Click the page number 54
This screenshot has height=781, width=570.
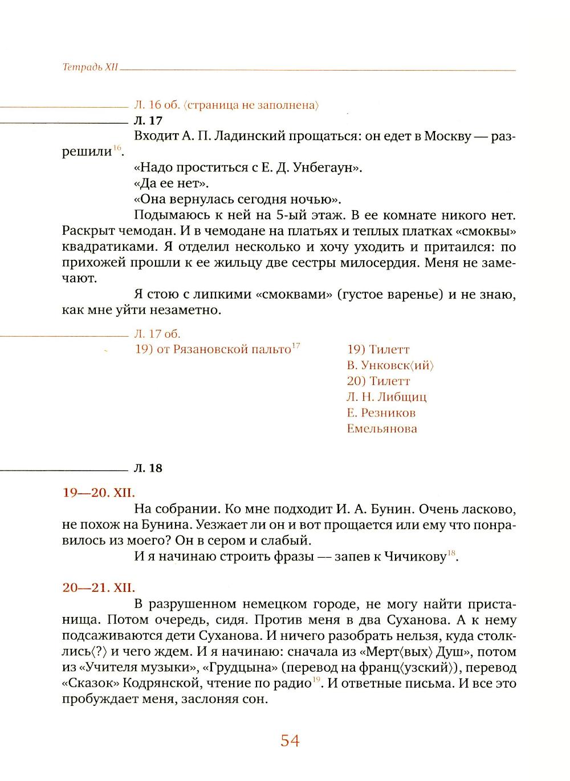pyautogui.click(x=290, y=741)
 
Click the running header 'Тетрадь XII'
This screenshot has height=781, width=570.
pyautogui.click(x=90, y=67)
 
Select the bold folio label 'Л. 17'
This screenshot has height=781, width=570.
pyautogui.click(x=148, y=121)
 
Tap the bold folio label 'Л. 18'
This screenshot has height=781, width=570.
pyautogui.click(x=148, y=468)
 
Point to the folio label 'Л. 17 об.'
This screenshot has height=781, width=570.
pyautogui.click(x=157, y=334)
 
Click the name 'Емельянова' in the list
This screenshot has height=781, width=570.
pyautogui.click(x=381, y=428)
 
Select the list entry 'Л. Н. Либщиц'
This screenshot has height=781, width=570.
pyautogui.click(x=386, y=397)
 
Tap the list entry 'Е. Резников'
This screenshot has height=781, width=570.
pyautogui.click(x=381, y=412)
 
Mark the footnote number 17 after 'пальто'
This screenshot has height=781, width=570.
pyautogui.click(x=295, y=346)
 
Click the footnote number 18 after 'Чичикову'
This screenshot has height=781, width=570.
pyautogui.click(x=451, y=554)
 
